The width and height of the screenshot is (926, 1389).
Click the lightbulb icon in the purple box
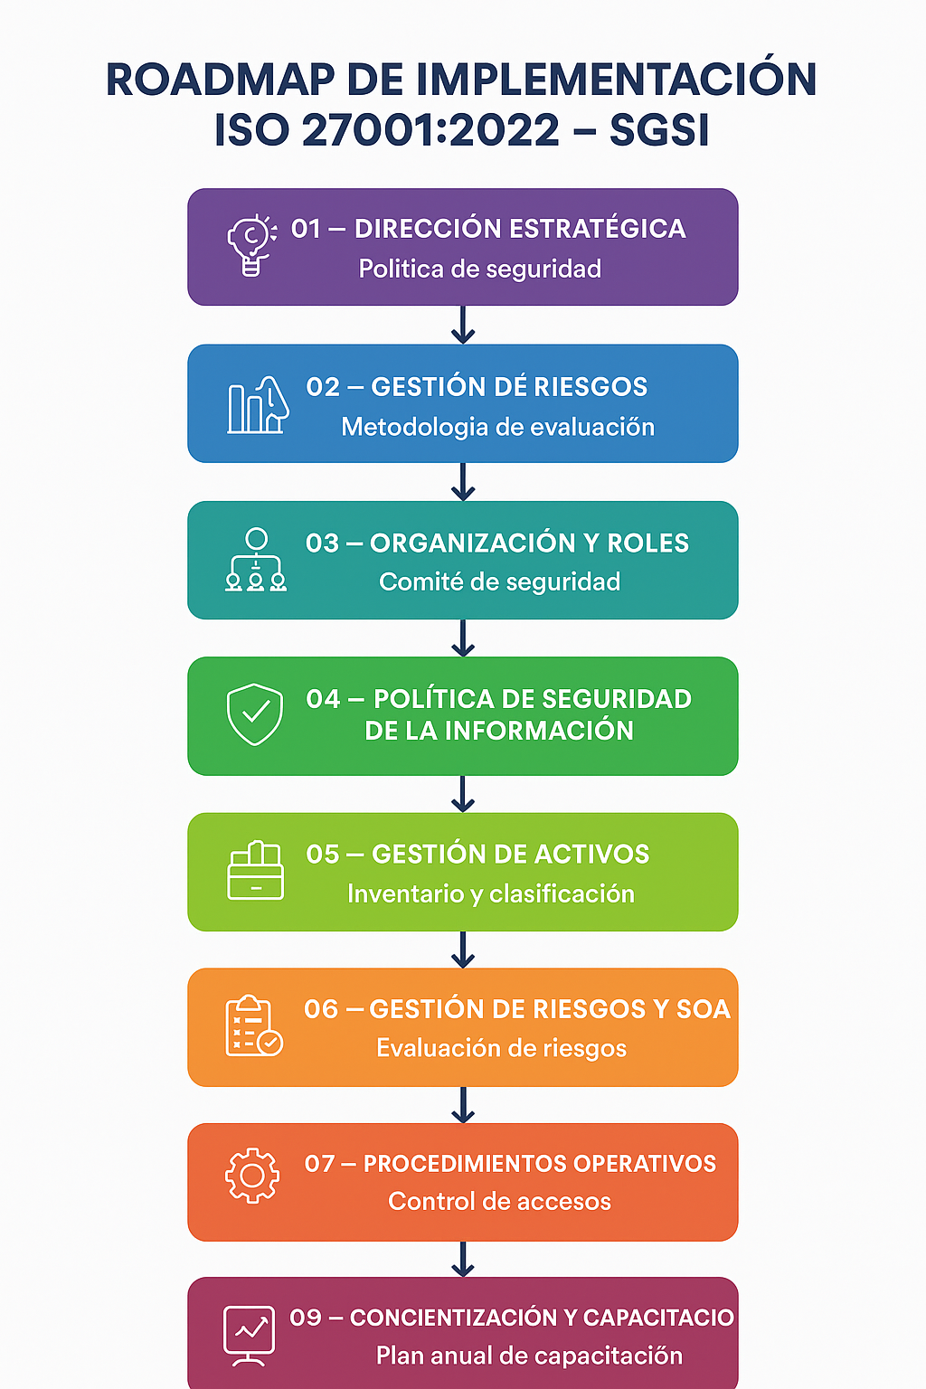point(251,245)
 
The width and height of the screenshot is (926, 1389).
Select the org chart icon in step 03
point(256,561)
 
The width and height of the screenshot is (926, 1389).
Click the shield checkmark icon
point(255,714)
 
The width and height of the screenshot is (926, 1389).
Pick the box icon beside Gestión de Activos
point(256,871)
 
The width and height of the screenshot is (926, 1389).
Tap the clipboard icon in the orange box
point(253,1026)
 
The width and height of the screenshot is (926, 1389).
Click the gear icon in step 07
point(252,1175)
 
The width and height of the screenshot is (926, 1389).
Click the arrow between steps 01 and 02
point(463,325)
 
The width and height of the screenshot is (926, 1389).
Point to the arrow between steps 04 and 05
point(463,794)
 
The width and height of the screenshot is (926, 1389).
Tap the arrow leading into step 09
point(463,1259)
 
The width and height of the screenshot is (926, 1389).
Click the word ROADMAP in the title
point(220,80)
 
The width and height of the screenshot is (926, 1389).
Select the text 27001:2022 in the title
point(431,130)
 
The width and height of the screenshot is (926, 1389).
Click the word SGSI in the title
point(659,130)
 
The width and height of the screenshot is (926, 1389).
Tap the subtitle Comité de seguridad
point(499,581)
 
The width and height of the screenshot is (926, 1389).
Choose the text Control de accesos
point(499,1201)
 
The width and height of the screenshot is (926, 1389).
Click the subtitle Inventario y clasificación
point(491,893)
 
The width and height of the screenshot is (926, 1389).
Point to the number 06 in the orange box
point(321,1009)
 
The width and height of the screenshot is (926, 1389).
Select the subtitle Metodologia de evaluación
point(497,427)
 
